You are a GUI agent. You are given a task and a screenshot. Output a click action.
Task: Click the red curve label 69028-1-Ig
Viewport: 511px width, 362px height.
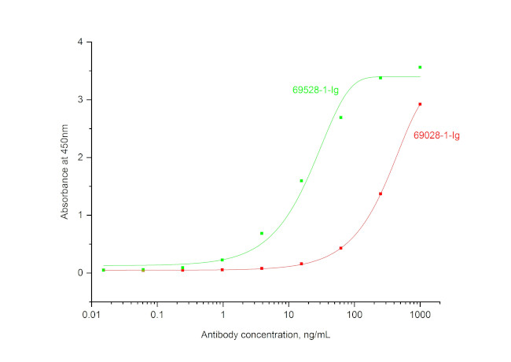pos(436,135)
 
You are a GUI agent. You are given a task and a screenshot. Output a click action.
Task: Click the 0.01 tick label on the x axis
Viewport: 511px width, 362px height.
pos(91,316)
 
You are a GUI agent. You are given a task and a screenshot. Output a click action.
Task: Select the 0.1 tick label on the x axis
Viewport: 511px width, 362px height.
pos(157,316)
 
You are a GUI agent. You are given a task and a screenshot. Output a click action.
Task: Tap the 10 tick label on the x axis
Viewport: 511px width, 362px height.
pos(289,316)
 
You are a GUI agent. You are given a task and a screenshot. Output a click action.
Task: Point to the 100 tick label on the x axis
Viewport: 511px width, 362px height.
pos(354,316)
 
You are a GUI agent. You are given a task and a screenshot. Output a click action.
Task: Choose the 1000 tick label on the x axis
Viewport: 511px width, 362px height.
pos(420,316)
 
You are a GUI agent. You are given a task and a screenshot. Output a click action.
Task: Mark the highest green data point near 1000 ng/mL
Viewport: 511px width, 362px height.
pos(420,68)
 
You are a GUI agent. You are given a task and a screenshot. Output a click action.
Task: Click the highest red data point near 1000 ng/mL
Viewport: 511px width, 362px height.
pos(420,104)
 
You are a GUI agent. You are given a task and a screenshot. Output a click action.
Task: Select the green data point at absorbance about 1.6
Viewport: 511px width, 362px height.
pos(301,181)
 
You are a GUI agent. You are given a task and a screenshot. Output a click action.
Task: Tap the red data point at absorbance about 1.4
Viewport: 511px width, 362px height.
pos(380,194)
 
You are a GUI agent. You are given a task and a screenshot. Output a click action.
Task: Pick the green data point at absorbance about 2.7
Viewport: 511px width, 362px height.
pos(340,118)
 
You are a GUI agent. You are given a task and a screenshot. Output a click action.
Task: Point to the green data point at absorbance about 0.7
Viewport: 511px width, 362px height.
pos(262,234)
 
